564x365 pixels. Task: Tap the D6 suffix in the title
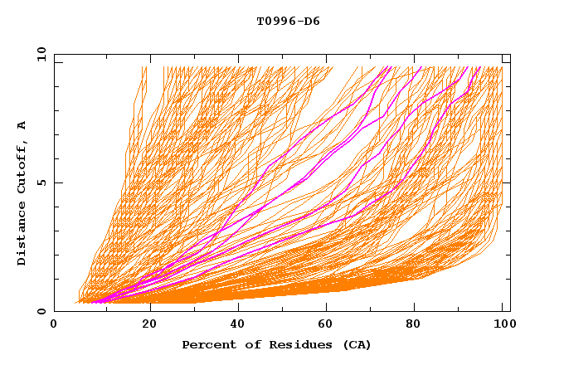click(310, 22)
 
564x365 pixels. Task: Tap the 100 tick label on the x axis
click(503, 325)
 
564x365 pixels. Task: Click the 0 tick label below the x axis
click(54, 325)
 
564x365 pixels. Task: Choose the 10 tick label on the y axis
click(38, 54)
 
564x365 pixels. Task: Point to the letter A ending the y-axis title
click(22, 125)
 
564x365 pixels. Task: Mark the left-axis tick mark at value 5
click(57, 182)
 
